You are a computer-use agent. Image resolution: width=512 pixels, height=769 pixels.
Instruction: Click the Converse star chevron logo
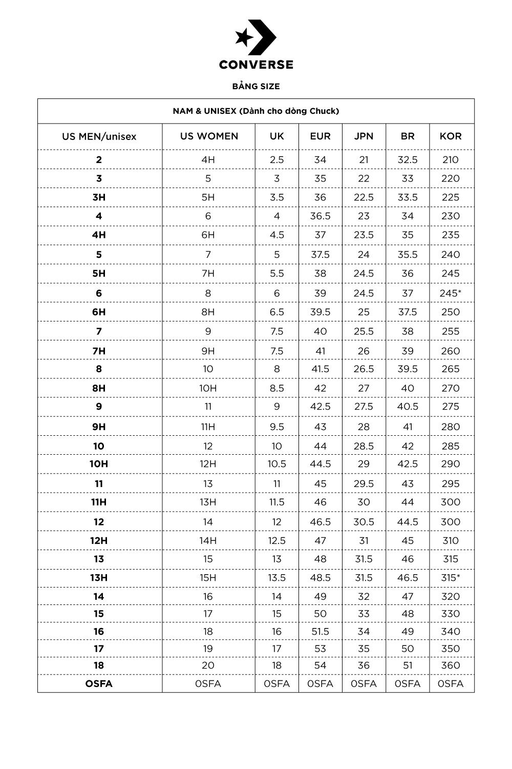255,37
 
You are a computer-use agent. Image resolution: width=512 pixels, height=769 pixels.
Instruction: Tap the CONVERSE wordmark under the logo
256,65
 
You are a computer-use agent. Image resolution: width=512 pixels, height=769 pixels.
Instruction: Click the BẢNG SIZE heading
256,86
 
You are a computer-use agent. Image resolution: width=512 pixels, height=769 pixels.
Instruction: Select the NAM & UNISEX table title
256,111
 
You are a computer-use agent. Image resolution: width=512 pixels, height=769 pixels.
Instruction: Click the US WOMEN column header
209,136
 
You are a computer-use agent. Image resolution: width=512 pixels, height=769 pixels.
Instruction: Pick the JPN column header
364,136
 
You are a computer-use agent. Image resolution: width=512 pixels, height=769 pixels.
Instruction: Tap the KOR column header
451,136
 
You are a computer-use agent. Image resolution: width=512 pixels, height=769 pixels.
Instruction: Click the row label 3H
99,197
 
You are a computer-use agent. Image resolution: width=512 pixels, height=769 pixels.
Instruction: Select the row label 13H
99,578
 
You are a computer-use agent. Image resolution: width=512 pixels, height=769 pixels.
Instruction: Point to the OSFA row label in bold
99,684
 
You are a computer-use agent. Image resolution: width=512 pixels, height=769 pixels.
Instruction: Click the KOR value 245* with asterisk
451,293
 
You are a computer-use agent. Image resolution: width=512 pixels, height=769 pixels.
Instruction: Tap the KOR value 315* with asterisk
451,578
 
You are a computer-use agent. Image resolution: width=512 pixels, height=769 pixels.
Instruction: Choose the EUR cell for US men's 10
320,446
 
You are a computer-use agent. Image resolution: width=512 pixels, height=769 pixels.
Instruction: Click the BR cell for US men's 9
408,407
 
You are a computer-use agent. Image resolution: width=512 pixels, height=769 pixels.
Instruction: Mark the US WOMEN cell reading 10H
208,388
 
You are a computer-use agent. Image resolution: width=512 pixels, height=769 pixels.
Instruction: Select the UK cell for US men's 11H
276,502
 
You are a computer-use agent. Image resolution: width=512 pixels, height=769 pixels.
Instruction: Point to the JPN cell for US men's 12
364,522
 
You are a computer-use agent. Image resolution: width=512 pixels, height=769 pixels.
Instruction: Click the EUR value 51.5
320,632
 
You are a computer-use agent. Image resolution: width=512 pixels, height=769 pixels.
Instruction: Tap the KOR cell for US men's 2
451,159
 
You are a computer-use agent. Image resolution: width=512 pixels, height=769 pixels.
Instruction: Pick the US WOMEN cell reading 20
208,665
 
